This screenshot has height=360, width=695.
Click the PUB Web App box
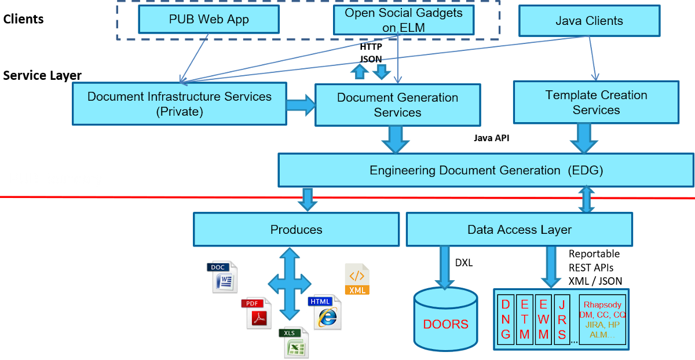tap(209, 20)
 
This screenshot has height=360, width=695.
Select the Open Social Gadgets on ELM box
tap(404, 20)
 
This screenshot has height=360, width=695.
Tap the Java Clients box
tap(589, 21)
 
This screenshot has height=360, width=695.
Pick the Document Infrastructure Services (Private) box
tap(179, 104)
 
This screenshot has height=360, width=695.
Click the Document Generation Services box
tap(397, 105)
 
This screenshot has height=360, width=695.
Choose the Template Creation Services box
tap(596, 102)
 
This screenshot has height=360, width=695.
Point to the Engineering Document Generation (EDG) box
tap(486, 170)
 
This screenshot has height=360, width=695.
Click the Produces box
tap(296, 229)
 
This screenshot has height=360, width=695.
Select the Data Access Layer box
tap(519, 229)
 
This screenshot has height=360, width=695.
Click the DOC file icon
tap(222, 276)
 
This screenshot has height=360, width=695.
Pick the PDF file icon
tap(255, 313)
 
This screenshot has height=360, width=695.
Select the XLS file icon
tap(294, 343)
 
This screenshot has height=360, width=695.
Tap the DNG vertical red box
tap(506, 319)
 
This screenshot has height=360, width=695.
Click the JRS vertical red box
tap(562, 319)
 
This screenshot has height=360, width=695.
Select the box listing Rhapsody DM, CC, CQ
tap(602, 319)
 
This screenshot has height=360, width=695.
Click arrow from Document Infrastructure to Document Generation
tap(301, 105)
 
